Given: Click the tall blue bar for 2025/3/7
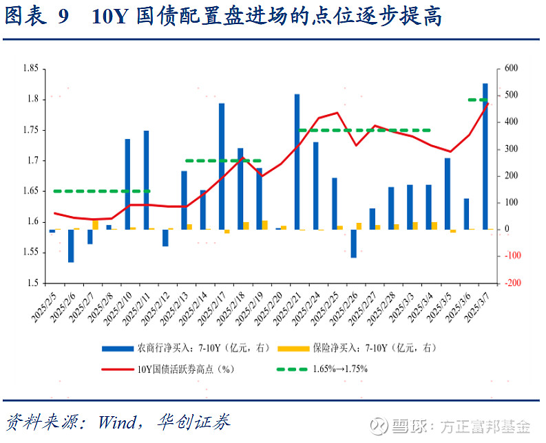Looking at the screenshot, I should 485,156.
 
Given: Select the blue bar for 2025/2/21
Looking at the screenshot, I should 297,162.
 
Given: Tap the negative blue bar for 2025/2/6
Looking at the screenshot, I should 71,246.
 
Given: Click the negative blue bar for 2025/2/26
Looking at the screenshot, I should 353,243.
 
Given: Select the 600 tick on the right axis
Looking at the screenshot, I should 511,68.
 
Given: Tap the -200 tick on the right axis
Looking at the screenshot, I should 512,283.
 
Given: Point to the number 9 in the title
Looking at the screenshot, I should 63,17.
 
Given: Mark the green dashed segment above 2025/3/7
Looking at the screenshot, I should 478,100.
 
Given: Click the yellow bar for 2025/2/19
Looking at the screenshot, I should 265,224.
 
